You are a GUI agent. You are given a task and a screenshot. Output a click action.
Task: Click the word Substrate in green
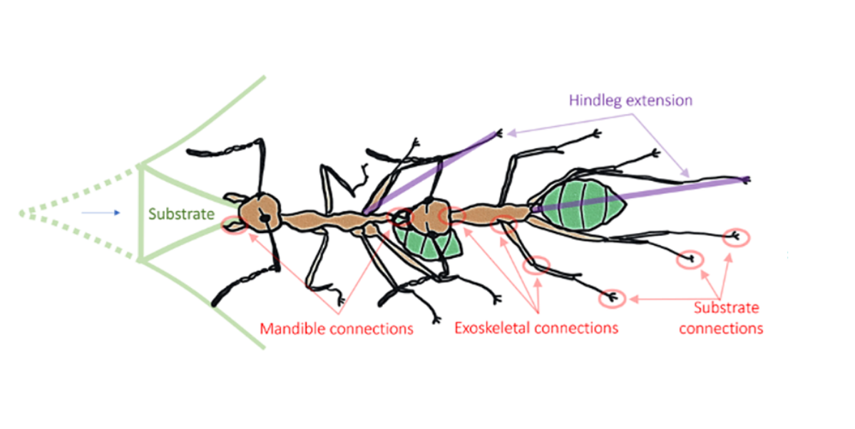point(181,214)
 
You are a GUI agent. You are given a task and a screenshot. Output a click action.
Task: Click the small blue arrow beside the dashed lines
point(101,212)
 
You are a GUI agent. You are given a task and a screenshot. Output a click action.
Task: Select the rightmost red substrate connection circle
point(736,238)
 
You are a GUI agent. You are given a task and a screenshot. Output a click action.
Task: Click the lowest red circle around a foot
point(613,299)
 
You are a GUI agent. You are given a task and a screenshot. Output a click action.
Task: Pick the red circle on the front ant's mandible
point(235,225)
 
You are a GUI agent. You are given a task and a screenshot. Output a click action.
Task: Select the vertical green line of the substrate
point(140,213)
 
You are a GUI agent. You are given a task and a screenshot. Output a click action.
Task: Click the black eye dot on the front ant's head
point(265,219)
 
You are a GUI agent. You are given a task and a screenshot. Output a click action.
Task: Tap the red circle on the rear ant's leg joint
point(536,266)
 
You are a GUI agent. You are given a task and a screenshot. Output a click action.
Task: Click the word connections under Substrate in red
point(721,329)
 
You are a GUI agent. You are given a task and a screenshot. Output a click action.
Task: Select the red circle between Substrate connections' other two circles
point(690,260)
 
